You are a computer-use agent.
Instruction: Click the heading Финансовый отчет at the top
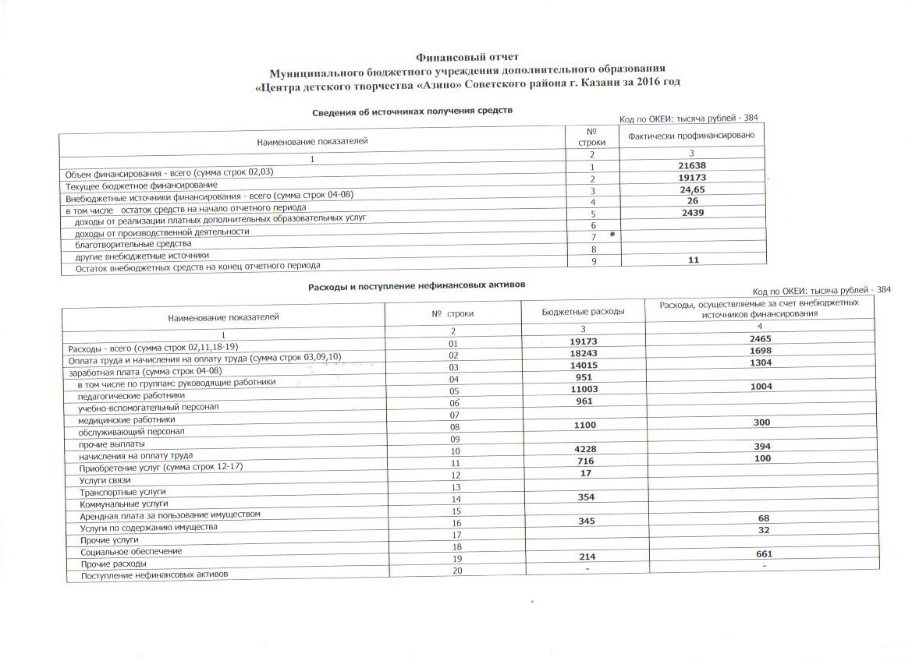[x=467, y=56]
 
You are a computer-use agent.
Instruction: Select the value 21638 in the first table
[x=693, y=165]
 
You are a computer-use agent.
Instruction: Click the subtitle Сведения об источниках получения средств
[x=413, y=112]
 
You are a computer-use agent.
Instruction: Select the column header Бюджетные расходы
[x=583, y=312]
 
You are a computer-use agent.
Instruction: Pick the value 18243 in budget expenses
[x=583, y=352]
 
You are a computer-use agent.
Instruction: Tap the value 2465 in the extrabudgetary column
[x=761, y=341]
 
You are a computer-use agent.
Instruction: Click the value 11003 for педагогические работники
[x=583, y=388]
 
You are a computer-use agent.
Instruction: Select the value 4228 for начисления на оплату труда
[x=583, y=447]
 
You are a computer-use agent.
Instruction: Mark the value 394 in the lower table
[x=761, y=447]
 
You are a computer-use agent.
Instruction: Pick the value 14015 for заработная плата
[x=583, y=364]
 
